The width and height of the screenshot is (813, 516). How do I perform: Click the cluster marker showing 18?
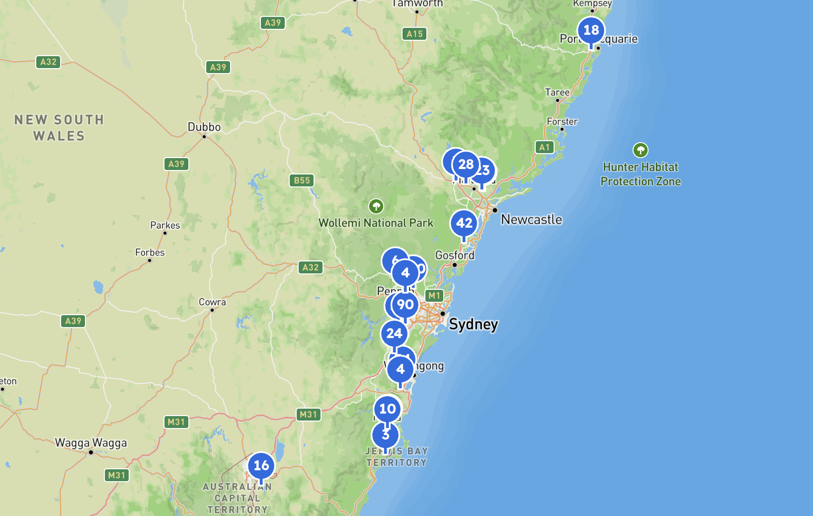click(591, 30)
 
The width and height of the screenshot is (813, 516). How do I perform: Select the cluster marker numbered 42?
click(464, 223)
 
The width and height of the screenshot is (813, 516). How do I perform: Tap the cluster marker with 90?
click(406, 305)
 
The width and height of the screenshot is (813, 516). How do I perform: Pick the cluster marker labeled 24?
click(394, 334)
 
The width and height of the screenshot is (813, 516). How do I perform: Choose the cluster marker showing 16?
click(261, 466)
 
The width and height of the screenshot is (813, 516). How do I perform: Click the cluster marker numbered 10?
click(387, 409)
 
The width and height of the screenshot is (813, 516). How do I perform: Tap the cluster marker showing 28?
click(466, 164)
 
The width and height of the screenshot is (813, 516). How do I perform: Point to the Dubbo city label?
click(204, 127)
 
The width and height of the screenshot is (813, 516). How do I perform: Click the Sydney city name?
click(473, 325)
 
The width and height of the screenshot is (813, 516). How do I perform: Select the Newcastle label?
click(531, 220)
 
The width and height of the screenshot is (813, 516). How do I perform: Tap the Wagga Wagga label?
click(91, 443)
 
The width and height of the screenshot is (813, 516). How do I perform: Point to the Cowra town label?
click(212, 302)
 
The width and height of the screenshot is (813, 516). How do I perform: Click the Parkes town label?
click(165, 225)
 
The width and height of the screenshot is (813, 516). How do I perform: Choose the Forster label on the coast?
click(562, 122)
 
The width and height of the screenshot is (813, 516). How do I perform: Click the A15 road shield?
click(414, 34)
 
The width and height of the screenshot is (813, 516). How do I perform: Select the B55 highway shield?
click(302, 180)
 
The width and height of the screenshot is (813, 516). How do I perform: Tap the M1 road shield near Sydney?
click(434, 296)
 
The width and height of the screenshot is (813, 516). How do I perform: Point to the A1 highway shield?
click(545, 147)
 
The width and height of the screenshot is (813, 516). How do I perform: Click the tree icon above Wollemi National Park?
click(376, 206)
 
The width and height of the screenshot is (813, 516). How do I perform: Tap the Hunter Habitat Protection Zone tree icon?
click(641, 150)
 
